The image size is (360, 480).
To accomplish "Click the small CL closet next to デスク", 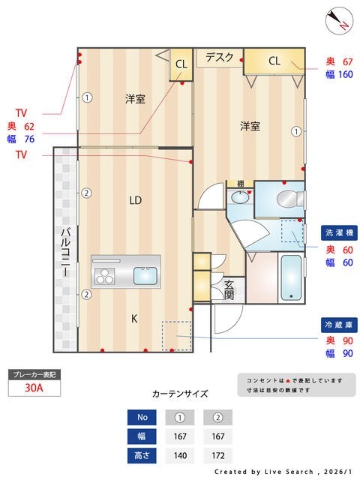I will [181, 64].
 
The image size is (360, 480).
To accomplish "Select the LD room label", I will [135, 200].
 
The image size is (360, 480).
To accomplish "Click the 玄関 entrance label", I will [229, 289].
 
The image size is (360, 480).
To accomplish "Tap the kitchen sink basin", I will [145, 274].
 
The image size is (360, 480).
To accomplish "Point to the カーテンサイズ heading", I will [179, 393].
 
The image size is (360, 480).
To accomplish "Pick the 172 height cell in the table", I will [217, 454].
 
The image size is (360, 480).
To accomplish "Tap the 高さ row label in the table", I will [142, 454].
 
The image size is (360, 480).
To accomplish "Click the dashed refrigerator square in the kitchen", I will [176, 335].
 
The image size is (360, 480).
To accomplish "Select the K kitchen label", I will [135, 319].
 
